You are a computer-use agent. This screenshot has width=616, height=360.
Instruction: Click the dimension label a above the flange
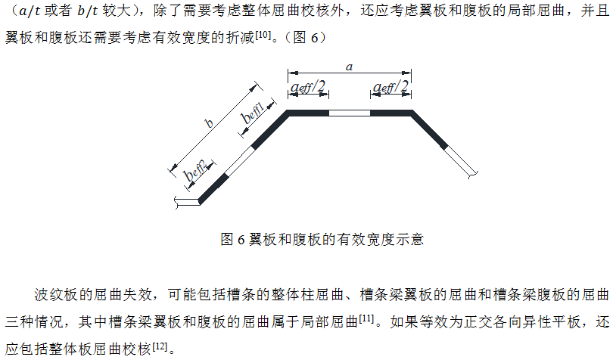tap(350, 67)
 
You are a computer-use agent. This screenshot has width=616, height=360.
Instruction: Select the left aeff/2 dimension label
tap(308, 86)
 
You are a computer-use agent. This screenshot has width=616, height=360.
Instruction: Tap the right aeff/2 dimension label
tap(390, 86)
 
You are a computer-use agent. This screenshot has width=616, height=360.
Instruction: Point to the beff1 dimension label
tap(253, 112)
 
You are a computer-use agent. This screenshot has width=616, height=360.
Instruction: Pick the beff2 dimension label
tap(195, 170)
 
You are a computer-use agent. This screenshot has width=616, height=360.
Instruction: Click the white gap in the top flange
tap(350, 113)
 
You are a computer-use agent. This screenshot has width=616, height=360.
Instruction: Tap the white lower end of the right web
tap(461, 161)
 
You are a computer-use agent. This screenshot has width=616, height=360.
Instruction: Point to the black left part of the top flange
tap(308, 113)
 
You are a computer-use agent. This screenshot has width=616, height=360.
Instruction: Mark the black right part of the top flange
tap(391, 113)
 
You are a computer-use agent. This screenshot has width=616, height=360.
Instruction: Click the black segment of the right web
tap(429, 130)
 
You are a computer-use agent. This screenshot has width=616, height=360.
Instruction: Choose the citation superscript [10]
tap(263, 35)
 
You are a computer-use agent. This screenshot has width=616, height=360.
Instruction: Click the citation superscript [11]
tap(366, 318)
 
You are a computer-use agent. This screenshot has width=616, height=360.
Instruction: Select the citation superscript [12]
tap(160, 346)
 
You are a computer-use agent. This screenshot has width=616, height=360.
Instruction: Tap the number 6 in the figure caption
tap(241, 240)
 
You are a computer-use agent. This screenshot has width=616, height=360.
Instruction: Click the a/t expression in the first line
tap(30, 11)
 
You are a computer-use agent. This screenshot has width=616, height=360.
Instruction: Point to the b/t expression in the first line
tap(88, 11)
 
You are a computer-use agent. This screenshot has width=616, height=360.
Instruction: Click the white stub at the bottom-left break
tap(188, 202)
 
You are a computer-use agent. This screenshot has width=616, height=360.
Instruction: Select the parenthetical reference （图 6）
tap(304, 38)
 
